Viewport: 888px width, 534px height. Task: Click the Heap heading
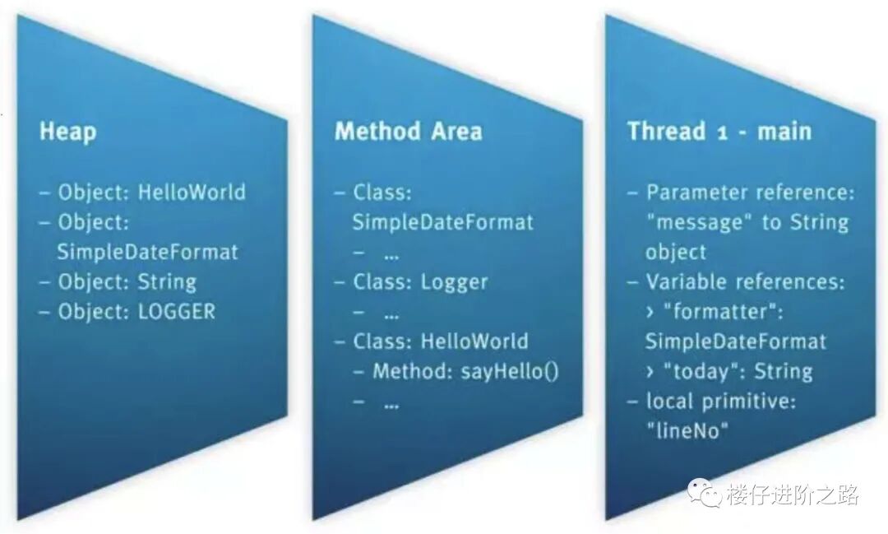[67, 132]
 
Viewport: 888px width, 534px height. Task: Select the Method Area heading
[408, 132]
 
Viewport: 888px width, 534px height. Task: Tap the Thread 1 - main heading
[719, 132]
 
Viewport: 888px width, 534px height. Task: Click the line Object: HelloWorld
[151, 193]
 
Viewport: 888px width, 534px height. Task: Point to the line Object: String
[127, 282]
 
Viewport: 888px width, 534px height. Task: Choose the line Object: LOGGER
[136, 312]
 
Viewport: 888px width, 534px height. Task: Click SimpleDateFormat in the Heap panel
[147, 252]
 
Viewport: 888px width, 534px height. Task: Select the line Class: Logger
[420, 282]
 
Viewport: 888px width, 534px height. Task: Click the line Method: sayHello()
[465, 371]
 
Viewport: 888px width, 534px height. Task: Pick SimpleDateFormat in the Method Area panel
[443, 222]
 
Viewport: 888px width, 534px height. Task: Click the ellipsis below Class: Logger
[391, 313]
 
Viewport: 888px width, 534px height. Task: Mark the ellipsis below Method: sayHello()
[391, 402]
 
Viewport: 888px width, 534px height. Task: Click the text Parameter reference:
[750, 193]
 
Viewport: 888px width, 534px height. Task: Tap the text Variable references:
[745, 282]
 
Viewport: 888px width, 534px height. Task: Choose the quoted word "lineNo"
[687, 430]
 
